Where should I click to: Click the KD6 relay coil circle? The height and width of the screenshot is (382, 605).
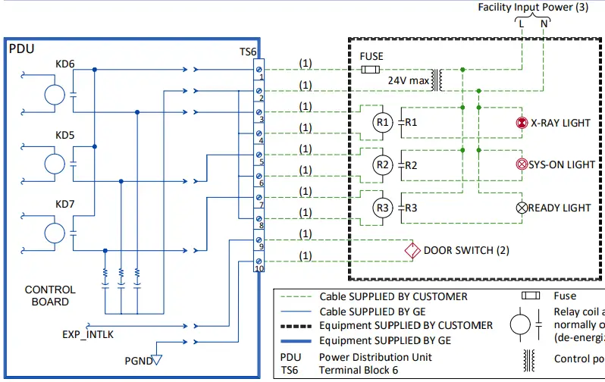click(x=55, y=95)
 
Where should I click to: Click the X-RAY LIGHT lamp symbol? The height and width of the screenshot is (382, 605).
click(x=522, y=123)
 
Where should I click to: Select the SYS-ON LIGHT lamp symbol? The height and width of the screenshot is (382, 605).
click(x=522, y=164)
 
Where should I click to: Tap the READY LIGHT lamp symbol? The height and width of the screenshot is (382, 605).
click(x=522, y=208)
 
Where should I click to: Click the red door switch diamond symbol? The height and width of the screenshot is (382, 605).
click(x=412, y=250)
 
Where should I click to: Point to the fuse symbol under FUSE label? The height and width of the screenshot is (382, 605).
click(x=371, y=70)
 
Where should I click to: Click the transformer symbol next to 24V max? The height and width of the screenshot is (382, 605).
click(x=437, y=80)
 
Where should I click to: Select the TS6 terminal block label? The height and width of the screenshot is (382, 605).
click(x=248, y=52)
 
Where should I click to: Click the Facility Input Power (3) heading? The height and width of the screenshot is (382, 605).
click(x=533, y=8)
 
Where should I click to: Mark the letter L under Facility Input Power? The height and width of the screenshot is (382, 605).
click(x=522, y=23)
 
